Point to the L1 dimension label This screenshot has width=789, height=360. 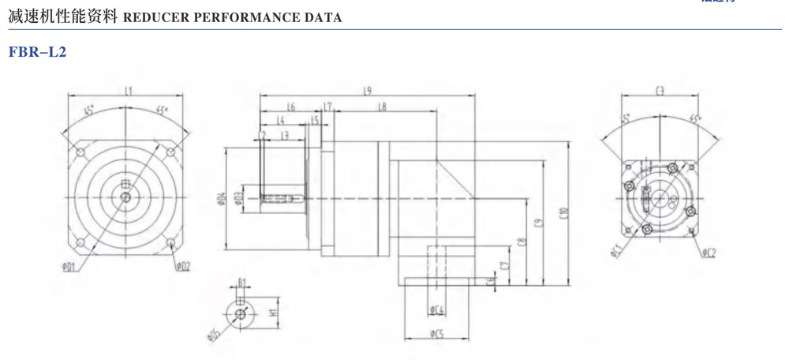pos(128,92)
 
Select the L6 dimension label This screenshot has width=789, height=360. pos(290,106)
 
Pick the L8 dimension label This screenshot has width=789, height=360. pos(381,106)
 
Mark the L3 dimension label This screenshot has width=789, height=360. pos(286,135)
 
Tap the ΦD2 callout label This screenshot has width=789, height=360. pos(182,265)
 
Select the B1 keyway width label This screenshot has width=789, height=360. pos(242,283)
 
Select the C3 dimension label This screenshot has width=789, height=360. pos(660,92)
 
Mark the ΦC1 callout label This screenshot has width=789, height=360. pos(616,252)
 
